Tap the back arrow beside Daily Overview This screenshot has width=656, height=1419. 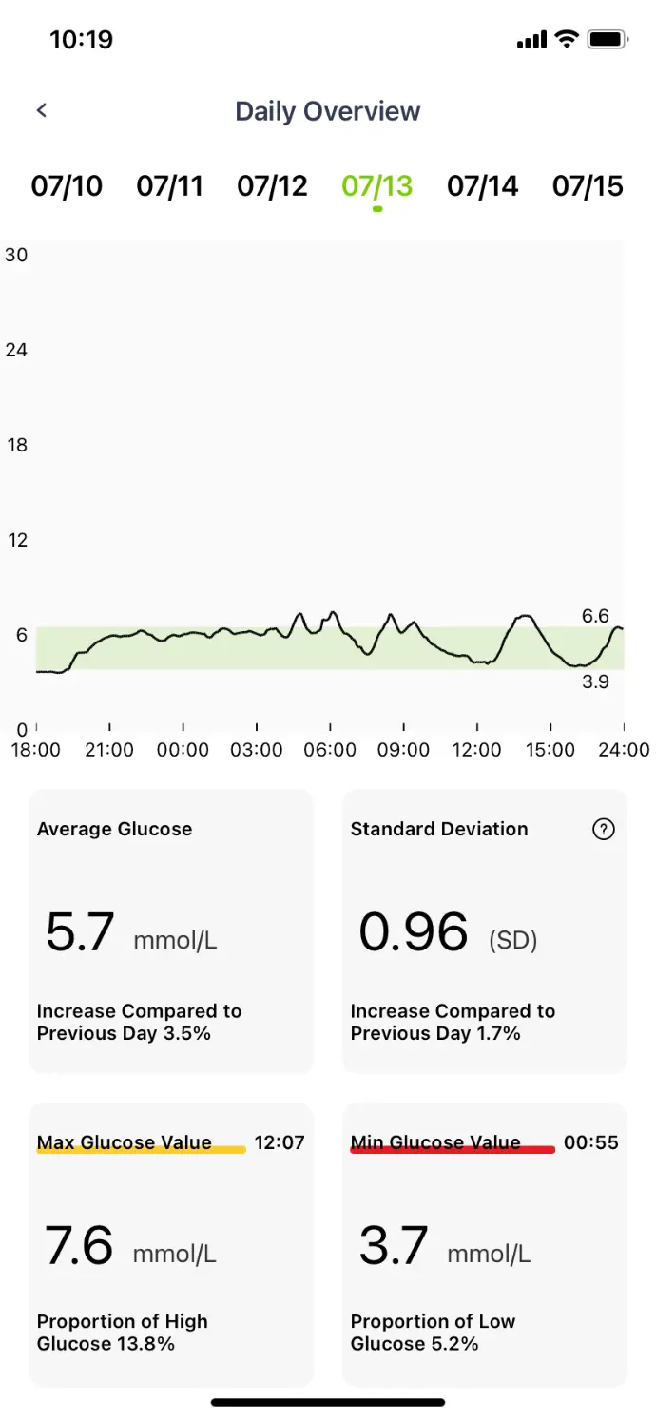coord(42,110)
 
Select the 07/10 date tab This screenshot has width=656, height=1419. coord(67,185)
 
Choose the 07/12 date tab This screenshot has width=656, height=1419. coord(272,185)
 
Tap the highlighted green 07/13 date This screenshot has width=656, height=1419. coord(377,185)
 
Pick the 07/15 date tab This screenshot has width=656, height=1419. coord(588,185)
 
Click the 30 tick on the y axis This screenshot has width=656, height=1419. coord(16,255)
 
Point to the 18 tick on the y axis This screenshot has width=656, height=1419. coord(16,445)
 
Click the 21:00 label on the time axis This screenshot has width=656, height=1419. coord(109,750)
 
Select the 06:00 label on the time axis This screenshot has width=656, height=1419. coord(330,750)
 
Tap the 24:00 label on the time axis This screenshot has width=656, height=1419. coord(624,750)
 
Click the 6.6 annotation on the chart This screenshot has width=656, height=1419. coord(595,616)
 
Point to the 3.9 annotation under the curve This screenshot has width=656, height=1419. coord(595,681)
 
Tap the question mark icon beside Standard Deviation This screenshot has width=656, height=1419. coord(604,829)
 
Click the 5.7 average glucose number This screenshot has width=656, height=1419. coord(80,931)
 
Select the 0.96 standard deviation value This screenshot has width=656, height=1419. coord(414,931)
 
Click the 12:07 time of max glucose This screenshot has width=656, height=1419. coord(280,1142)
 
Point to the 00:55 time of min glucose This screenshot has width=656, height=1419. coord(591,1142)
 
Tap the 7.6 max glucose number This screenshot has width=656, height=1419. coord(79,1244)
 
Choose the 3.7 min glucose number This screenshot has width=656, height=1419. coord(393,1244)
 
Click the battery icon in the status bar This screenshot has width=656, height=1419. coord(607,40)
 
